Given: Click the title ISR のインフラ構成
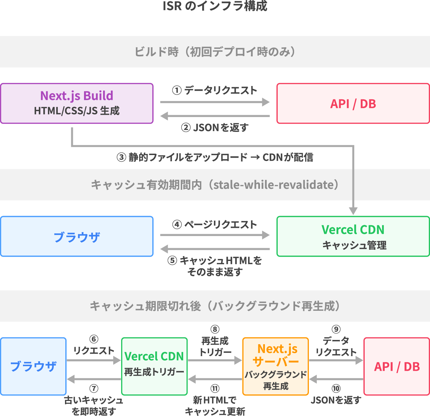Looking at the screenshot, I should point(215,6).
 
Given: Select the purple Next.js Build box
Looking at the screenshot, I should point(77,103).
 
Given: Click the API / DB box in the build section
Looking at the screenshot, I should point(353,103).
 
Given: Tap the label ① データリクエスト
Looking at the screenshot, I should point(215,90).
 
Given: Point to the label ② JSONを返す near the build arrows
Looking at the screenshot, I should point(215,128).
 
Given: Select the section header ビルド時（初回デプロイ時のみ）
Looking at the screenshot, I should point(215,52).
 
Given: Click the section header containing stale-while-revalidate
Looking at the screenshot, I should point(215,185).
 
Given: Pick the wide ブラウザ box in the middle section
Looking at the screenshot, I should point(77,236).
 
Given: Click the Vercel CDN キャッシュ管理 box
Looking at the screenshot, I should point(353,236).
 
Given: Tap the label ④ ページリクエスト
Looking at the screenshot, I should point(215,225).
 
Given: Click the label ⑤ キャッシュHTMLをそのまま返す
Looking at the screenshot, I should point(215,266).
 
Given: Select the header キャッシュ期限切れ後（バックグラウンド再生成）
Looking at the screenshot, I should point(215,306).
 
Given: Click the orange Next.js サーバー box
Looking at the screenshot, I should point(275,366).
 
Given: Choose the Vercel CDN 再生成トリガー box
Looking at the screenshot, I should point(154,366).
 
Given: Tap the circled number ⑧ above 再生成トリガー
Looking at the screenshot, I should point(215,329).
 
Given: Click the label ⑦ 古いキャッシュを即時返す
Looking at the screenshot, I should point(94,400).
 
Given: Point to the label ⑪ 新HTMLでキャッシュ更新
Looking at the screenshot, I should point(215,400).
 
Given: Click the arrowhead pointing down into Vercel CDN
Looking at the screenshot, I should point(353,211).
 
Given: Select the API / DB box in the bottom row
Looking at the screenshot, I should point(397,366).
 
